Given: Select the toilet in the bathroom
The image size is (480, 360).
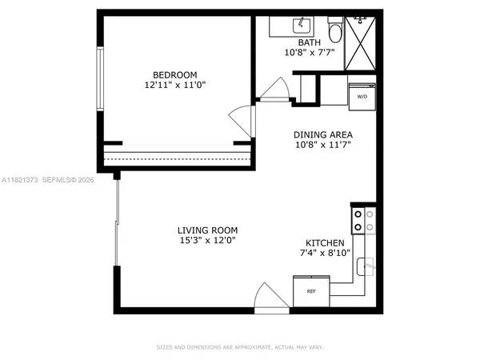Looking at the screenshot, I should click(334, 30).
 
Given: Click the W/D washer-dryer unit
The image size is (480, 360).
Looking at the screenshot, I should click(362, 94).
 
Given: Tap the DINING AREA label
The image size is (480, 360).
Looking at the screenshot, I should click(324, 134).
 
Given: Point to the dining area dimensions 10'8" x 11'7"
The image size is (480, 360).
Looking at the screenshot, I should click(324, 146).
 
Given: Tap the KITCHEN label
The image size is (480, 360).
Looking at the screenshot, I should click(326, 243).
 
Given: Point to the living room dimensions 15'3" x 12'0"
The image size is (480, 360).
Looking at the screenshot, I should click(206, 241).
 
